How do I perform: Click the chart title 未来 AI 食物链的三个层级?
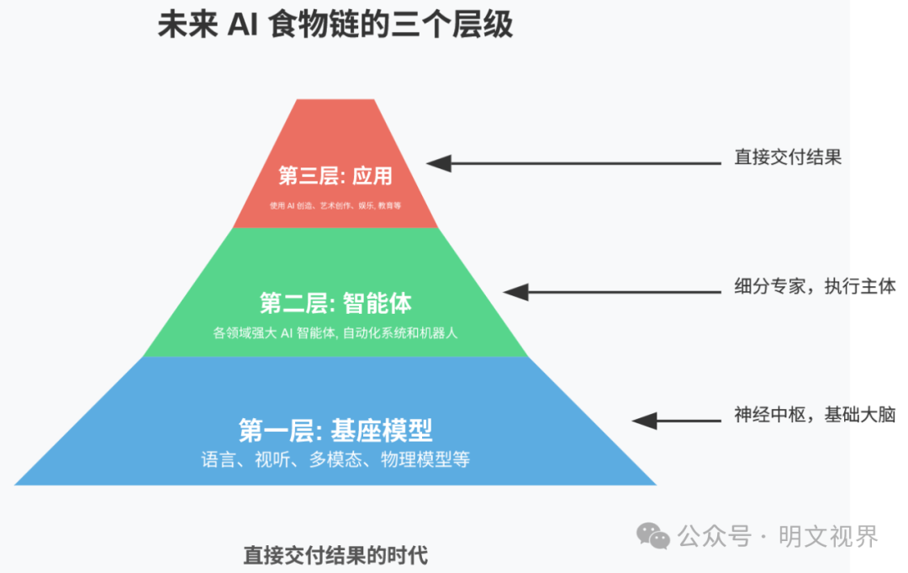click(335, 25)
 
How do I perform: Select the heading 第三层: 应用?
click(335, 176)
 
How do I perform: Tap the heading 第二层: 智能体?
click(335, 303)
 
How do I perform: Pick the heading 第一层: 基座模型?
click(335, 431)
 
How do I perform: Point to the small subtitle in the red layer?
click(335, 205)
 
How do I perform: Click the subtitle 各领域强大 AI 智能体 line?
click(335, 332)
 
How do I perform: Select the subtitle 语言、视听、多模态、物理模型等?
click(335, 460)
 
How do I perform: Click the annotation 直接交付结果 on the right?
click(788, 157)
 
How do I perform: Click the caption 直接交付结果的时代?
click(335, 555)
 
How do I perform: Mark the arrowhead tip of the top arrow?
click(429, 163)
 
